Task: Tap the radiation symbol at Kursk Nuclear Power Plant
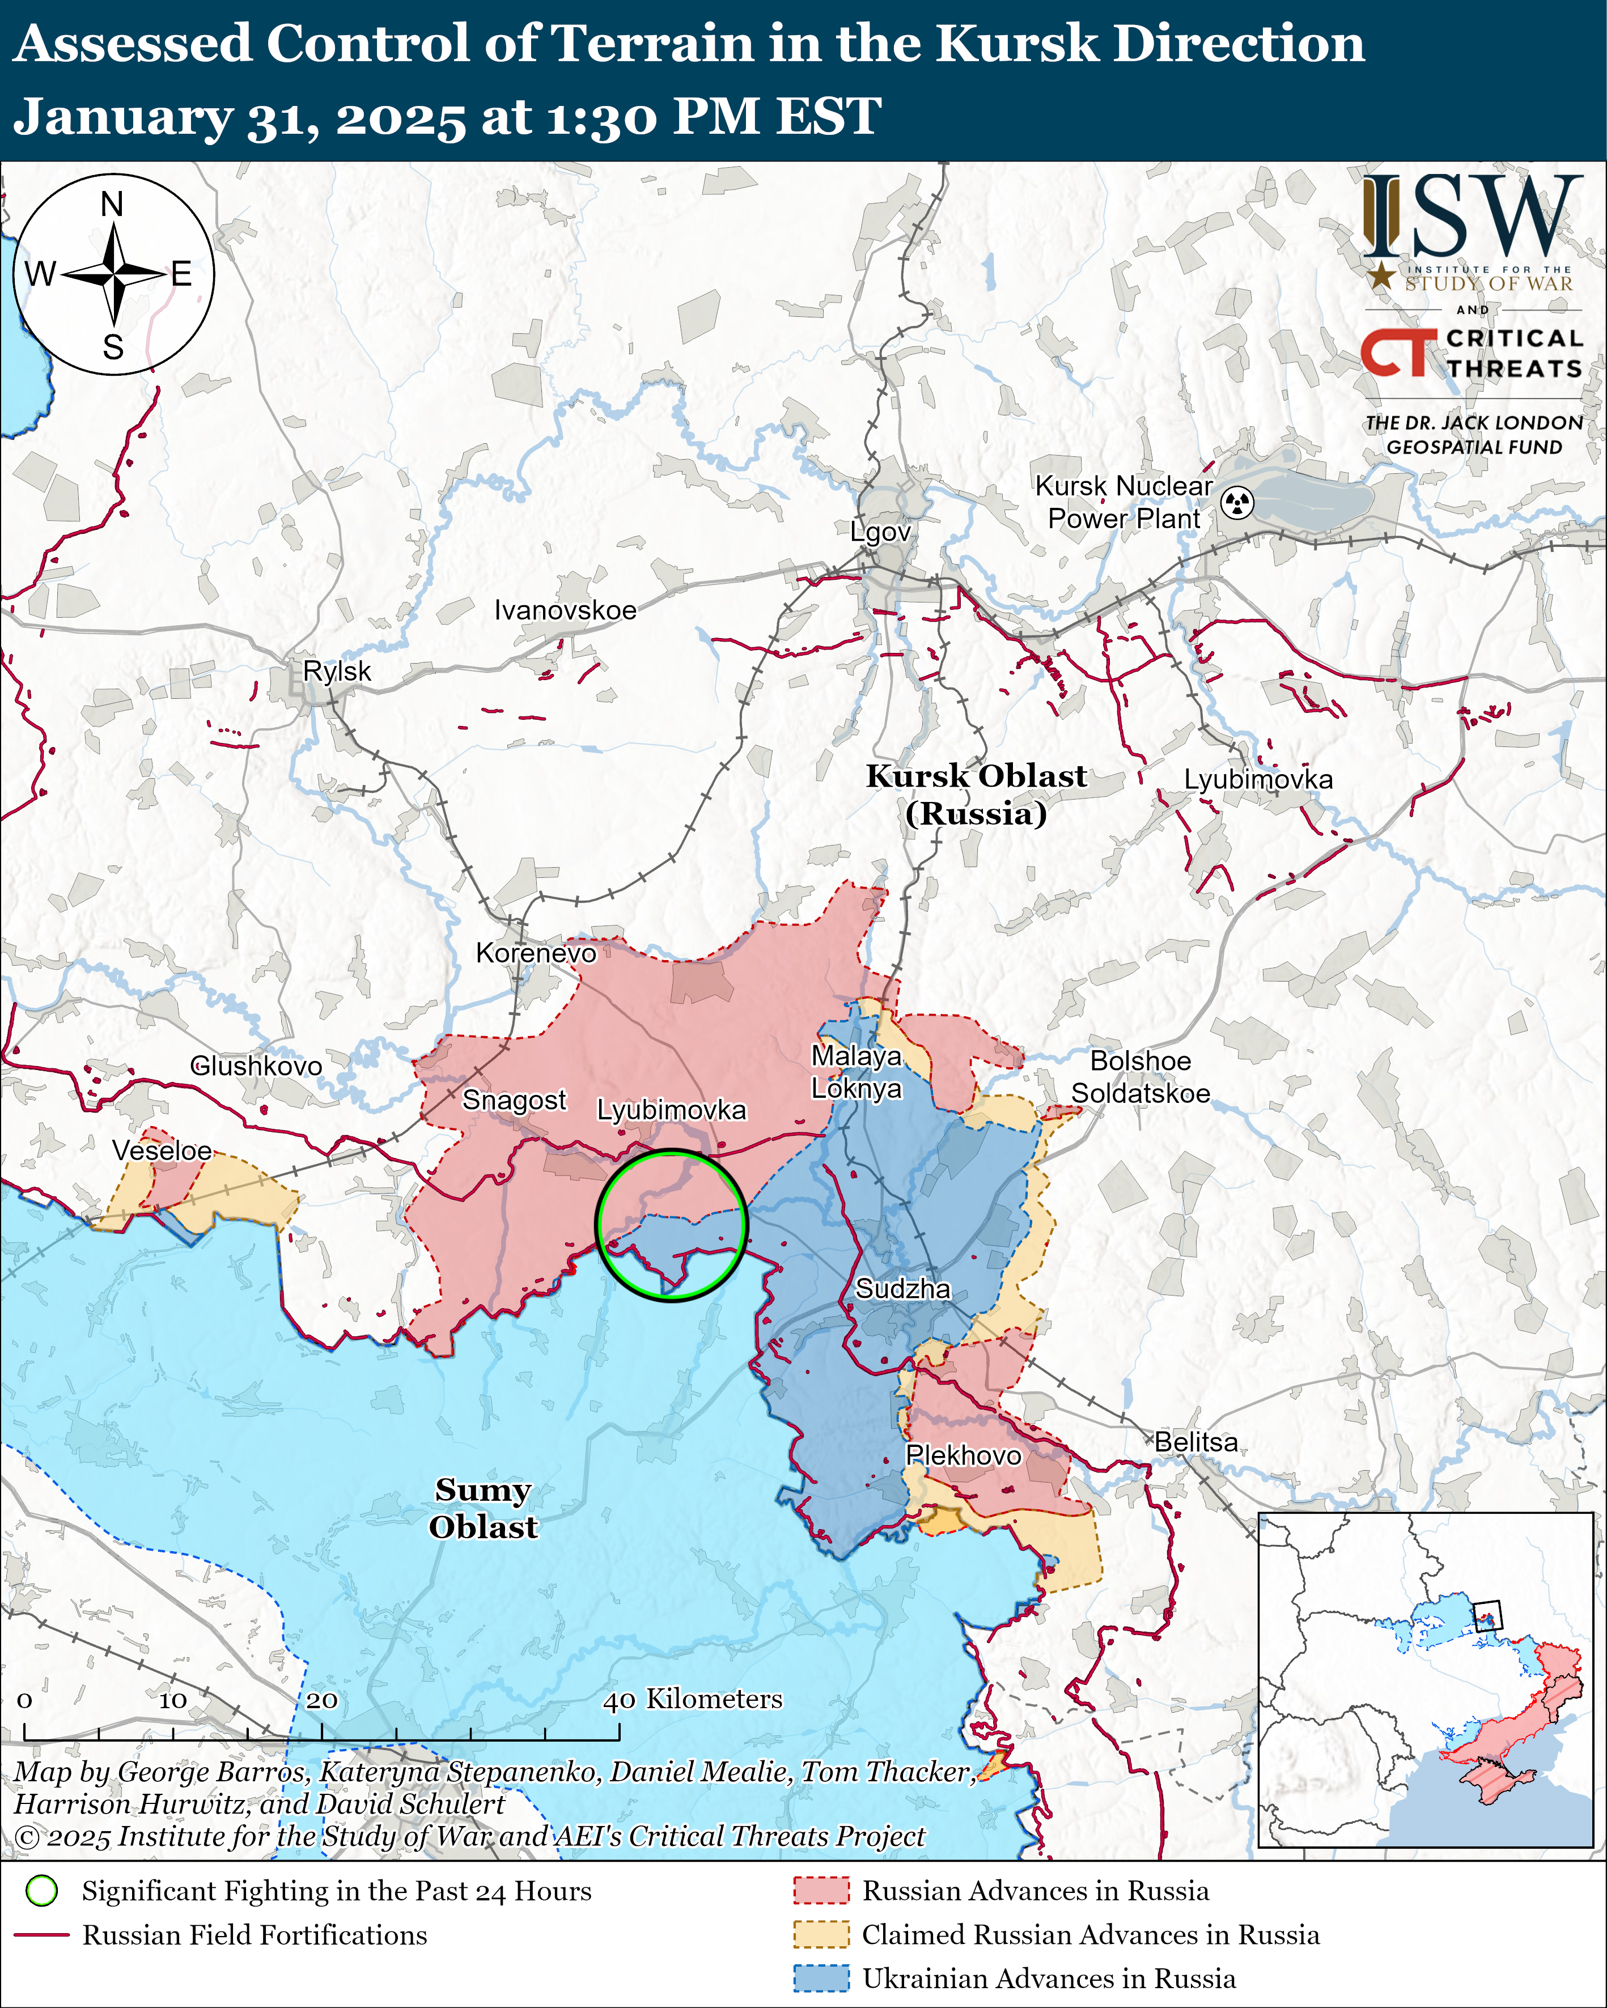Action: tap(1237, 503)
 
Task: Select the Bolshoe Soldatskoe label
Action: tap(1140, 1077)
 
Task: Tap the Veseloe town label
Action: tap(162, 1151)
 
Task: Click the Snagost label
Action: tap(514, 1100)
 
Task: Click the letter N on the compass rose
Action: tap(112, 204)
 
